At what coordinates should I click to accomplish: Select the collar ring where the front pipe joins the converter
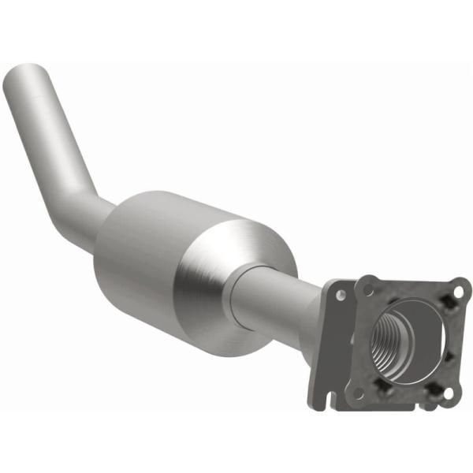[x=240, y=292]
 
